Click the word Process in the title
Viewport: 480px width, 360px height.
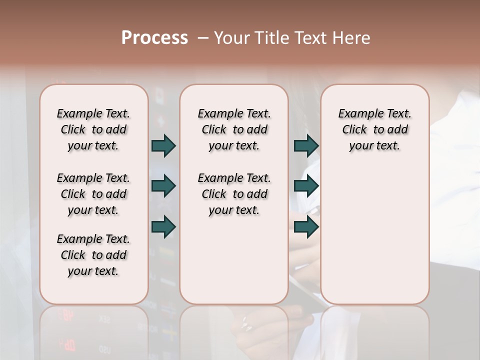tap(154, 38)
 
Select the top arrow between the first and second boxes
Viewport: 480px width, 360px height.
tap(163, 146)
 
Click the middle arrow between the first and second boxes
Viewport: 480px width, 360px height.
tap(163, 186)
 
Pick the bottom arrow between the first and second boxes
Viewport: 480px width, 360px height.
tap(163, 226)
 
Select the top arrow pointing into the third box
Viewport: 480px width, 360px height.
tap(306, 146)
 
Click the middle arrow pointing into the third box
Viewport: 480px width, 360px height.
tap(306, 186)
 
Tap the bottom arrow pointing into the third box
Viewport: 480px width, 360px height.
tap(306, 226)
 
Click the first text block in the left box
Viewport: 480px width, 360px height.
tap(93, 129)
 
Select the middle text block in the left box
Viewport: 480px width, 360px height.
tap(93, 194)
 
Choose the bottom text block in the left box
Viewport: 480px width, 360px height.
tap(93, 255)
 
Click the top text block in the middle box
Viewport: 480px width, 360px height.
tap(234, 129)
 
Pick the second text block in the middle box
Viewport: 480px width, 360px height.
tap(234, 194)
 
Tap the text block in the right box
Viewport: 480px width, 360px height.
tap(374, 129)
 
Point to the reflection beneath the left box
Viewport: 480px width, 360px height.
tap(93, 330)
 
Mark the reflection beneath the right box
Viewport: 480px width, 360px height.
tap(374, 330)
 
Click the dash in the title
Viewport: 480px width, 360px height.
tap(203, 38)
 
